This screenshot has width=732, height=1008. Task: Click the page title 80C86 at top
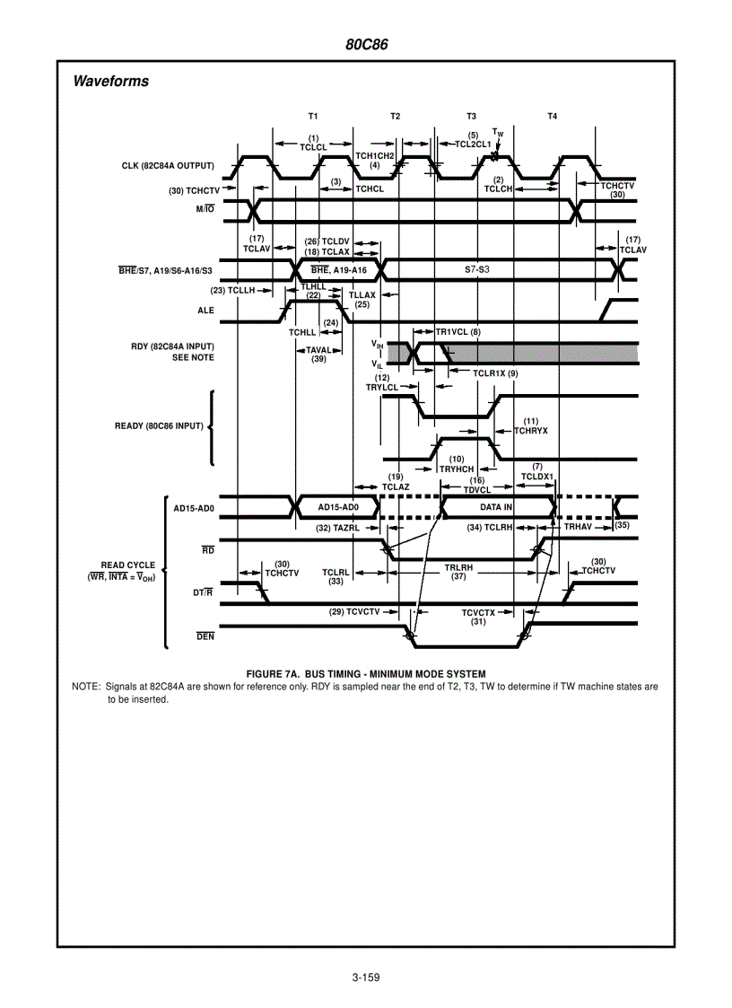tap(366, 44)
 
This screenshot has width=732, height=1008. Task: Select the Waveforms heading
tap(110, 82)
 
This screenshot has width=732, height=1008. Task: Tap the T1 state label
tap(312, 117)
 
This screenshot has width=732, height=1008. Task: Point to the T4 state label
tap(552, 117)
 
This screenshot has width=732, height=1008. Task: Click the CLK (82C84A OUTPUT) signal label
tap(168, 165)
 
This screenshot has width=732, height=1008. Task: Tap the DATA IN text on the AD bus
tap(496, 507)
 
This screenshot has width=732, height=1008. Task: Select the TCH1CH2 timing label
tap(375, 156)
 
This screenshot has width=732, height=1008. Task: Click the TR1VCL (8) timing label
tap(458, 332)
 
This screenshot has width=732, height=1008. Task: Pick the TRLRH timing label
tap(458, 568)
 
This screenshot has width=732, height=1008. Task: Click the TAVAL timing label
tap(318, 351)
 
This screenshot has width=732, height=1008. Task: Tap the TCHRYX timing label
tap(530, 431)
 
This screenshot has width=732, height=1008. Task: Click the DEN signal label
tap(205, 636)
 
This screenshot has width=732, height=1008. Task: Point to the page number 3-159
tap(366, 977)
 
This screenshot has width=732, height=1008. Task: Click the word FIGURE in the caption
tap(265, 674)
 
